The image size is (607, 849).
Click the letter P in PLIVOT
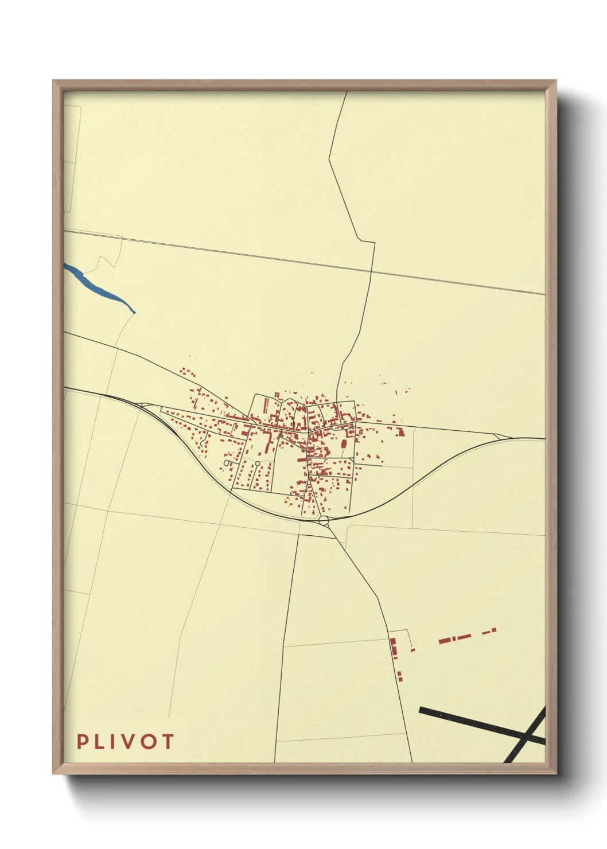(83, 742)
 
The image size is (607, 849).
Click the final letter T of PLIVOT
(167, 742)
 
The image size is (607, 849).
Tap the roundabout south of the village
(324, 520)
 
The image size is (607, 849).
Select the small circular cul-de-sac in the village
(258, 463)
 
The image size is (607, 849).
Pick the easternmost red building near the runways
(493, 630)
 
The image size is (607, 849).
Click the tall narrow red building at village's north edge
(265, 405)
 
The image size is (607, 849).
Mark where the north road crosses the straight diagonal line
(372, 270)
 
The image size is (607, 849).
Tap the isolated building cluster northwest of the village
(187, 373)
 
